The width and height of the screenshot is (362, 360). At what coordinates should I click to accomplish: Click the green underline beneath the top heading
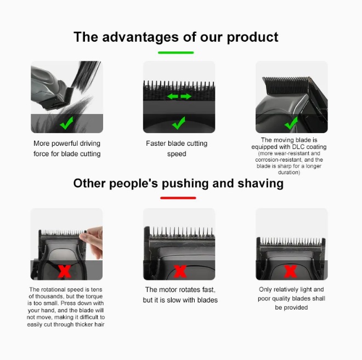click(x=176, y=53)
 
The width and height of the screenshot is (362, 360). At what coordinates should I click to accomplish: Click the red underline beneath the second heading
click(x=178, y=198)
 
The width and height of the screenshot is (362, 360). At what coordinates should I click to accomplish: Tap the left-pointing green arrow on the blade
click(x=173, y=96)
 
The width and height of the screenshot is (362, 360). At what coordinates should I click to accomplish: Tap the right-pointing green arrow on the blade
click(x=186, y=96)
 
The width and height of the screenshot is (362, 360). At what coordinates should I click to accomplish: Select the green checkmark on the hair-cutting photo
click(x=66, y=123)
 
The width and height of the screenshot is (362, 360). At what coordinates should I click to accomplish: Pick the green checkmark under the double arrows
click(x=179, y=123)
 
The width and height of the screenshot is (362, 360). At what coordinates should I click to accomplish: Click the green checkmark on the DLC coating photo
click(x=291, y=123)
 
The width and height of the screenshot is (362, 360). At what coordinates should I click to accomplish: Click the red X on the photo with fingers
click(x=65, y=271)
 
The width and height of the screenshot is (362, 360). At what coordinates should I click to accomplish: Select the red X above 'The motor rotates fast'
click(x=180, y=271)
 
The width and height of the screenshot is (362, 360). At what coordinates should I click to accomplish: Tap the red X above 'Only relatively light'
click(x=291, y=271)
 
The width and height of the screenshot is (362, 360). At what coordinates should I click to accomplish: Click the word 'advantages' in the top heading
click(x=140, y=37)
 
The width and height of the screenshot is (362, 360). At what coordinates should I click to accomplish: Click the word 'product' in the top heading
click(x=252, y=37)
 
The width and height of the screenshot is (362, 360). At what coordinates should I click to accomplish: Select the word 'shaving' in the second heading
click(x=261, y=184)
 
